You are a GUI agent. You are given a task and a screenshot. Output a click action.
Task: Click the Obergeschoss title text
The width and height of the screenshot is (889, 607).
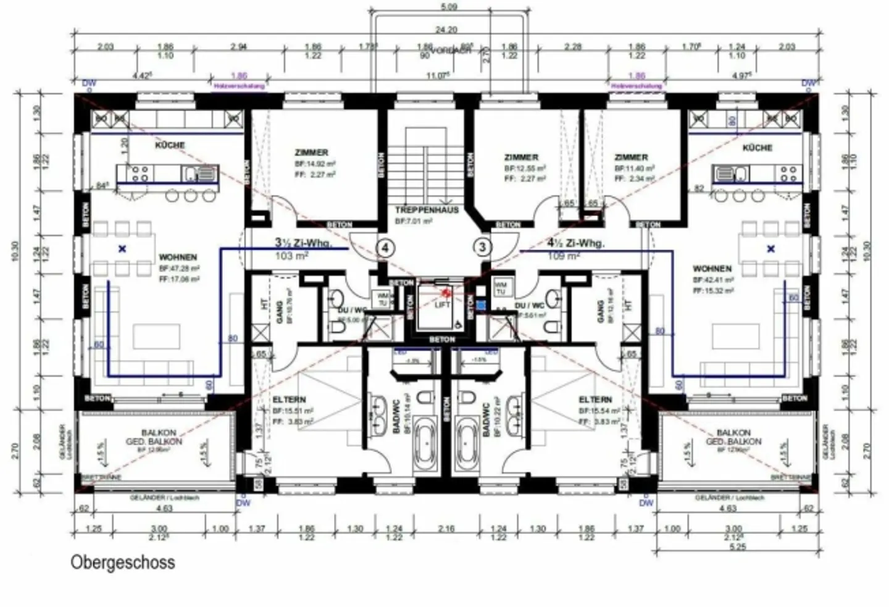tap(122, 563)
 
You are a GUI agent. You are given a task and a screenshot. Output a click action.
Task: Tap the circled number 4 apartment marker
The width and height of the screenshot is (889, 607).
tap(385, 248)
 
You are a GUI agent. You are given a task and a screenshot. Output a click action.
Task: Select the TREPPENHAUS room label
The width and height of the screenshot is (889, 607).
tap(427, 210)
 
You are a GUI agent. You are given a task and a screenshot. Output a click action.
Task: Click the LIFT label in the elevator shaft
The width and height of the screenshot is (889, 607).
tap(443, 304)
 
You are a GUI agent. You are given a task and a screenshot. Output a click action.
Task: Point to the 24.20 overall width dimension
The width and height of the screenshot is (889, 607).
tap(446, 29)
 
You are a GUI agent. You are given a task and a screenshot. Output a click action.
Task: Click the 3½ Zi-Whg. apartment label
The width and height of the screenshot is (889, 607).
tap(303, 243)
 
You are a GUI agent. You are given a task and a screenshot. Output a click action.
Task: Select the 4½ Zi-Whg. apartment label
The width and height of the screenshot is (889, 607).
tap(575, 243)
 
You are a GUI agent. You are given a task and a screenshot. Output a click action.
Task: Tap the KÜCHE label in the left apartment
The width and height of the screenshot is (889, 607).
tap(170, 145)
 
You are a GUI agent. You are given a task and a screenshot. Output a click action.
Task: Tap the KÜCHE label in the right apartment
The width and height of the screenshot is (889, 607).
tap(757, 148)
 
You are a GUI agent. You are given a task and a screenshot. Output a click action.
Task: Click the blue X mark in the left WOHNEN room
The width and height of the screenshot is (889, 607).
tap(122, 249)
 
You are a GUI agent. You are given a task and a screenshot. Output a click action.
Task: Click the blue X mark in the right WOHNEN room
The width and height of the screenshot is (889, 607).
tap(770, 249)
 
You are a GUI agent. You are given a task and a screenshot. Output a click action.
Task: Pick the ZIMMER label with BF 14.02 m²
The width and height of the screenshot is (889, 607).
tap(312, 153)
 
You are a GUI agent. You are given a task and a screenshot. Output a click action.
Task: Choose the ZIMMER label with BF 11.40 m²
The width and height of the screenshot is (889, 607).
tap(631, 157)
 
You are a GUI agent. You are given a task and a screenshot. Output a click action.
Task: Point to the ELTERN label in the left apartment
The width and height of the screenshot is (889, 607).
tap(289, 400)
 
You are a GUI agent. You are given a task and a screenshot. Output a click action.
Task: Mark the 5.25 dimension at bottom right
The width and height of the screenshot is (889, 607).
tap(737, 546)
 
